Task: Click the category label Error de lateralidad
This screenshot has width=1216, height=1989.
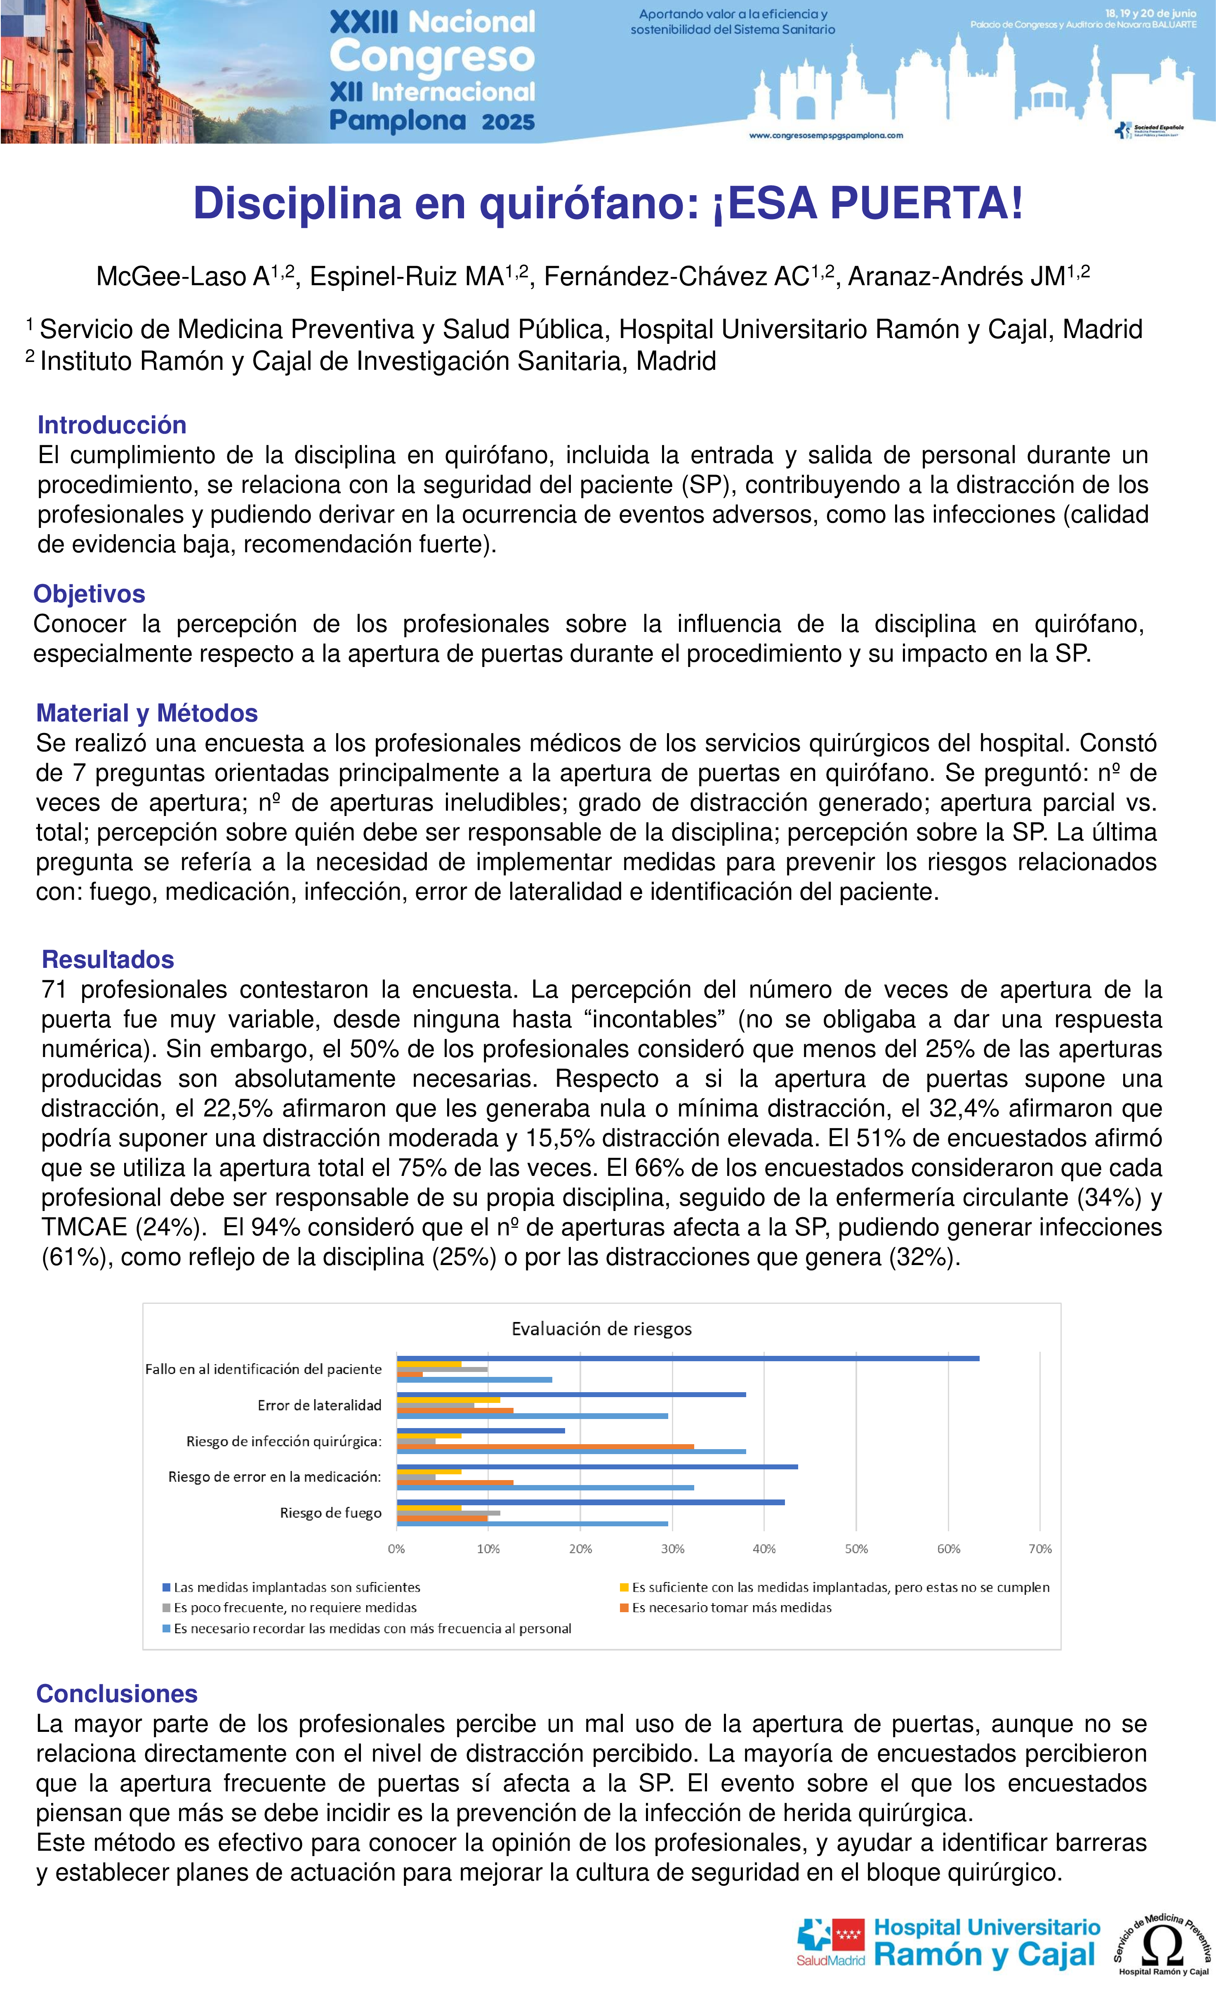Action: point(320,1405)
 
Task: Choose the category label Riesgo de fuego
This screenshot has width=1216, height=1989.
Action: point(331,1513)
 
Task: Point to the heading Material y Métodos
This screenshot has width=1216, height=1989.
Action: point(147,713)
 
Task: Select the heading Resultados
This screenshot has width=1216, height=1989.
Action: point(108,959)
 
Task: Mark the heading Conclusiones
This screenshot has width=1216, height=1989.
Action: point(117,1693)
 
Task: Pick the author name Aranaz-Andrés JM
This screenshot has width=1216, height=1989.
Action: point(957,276)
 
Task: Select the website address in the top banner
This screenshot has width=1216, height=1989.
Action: point(826,136)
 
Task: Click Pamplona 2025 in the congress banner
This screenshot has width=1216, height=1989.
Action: point(432,121)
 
